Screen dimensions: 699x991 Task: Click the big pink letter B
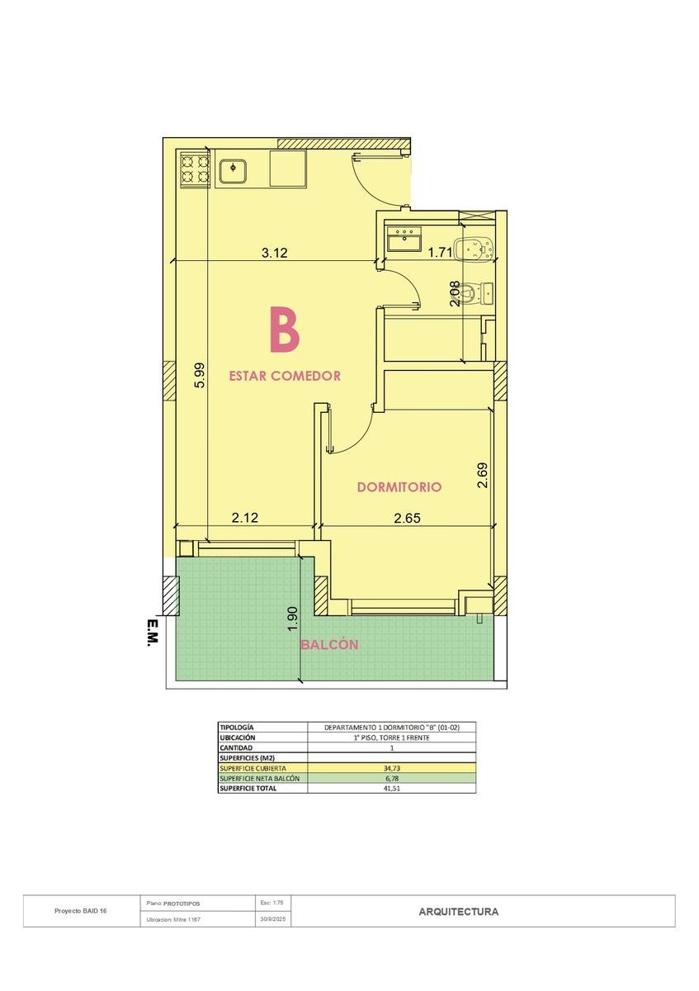[284, 330]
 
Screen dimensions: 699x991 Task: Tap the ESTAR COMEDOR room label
[285, 376]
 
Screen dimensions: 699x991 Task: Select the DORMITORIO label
[399, 487]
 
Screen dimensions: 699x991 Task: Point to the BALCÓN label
[329, 645]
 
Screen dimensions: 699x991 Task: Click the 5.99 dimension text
[200, 375]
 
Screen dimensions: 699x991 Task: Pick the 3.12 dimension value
[274, 253]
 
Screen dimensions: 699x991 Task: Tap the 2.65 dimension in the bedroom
[407, 518]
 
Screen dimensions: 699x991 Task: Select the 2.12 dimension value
[244, 517]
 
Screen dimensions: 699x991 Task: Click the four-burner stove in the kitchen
[195, 169]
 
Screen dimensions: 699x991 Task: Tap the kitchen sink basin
[233, 171]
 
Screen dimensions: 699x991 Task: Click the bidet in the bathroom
[475, 249]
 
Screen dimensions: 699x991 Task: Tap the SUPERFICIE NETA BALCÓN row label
[259, 778]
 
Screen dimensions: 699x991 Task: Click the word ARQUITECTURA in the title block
[459, 912]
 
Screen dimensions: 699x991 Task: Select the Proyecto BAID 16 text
[81, 911]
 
